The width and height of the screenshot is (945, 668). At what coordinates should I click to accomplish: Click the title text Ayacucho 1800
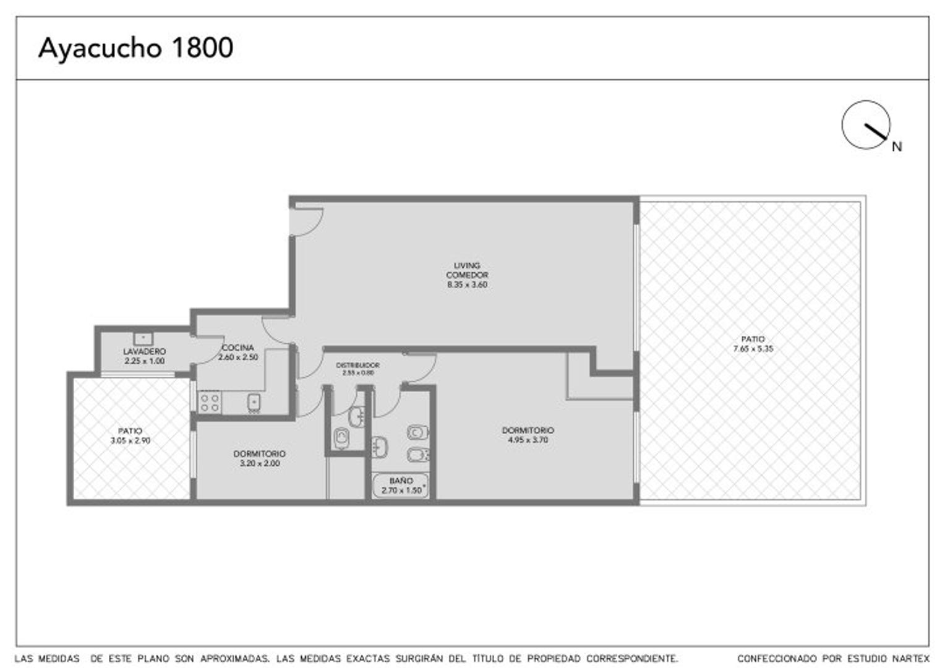coord(135,48)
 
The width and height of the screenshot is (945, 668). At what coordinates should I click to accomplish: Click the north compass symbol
coord(866,125)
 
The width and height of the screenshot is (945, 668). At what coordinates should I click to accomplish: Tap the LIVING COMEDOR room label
coord(467,270)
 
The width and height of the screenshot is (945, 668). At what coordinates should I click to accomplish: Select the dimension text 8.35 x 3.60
coord(467,285)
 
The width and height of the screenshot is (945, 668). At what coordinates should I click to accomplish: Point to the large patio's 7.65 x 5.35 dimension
coord(753,349)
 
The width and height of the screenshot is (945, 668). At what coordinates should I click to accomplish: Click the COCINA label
coord(237,348)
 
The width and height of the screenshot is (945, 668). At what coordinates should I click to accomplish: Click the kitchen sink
coord(254,402)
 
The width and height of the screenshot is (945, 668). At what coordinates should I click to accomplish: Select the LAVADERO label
coord(144,351)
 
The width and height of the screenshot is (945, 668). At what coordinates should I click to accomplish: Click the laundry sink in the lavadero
coord(143,338)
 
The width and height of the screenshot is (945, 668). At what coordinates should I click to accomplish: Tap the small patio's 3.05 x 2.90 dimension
coord(130,441)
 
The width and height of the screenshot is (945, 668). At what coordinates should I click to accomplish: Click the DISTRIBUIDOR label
coord(357,366)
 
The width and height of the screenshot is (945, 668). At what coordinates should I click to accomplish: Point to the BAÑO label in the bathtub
coord(401,481)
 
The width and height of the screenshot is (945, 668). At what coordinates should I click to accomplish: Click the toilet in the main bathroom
coord(417,432)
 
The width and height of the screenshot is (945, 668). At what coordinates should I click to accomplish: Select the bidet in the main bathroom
coord(417,456)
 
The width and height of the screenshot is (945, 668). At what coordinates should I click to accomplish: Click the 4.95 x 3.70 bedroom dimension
coord(528,440)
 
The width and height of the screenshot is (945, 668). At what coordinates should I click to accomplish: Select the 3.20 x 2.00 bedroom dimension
coord(260,463)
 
